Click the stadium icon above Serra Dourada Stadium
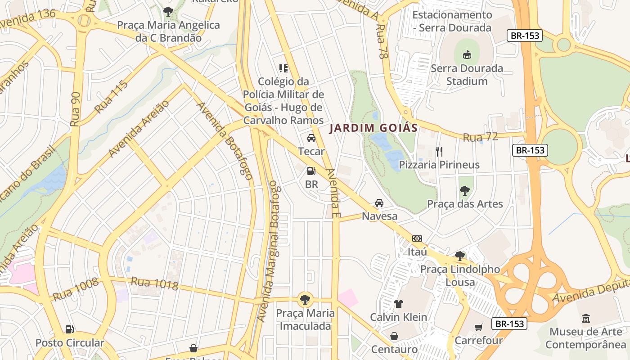coord(467,55)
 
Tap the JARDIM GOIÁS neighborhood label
coord(373,128)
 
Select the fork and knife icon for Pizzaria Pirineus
coord(439,151)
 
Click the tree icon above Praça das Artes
coord(465,191)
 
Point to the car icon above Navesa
coord(379,203)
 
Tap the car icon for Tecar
coord(311,138)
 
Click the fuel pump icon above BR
coord(311,171)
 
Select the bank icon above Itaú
coord(417,238)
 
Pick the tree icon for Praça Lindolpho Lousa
coord(459,256)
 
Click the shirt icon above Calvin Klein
coord(399,304)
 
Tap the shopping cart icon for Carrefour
coord(478,327)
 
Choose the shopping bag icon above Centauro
coord(394,336)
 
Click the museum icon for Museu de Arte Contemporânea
coord(585,319)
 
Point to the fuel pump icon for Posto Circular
coord(69,329)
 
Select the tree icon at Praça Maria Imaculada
coord(305,299)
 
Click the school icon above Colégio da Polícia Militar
coord(283,68)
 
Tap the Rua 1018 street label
coord(154,283)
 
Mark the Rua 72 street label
coord(481,137)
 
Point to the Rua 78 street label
coord(382,48)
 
